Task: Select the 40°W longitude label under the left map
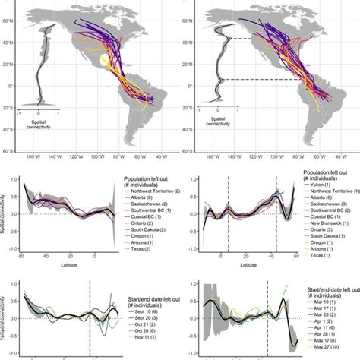[x=163, y=161]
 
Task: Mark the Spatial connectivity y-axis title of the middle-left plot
[x=5, y=220]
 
